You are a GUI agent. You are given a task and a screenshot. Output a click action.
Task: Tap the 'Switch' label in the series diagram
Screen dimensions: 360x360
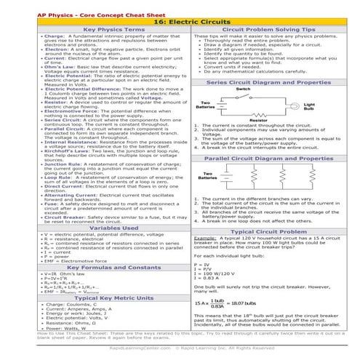[244, 89]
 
